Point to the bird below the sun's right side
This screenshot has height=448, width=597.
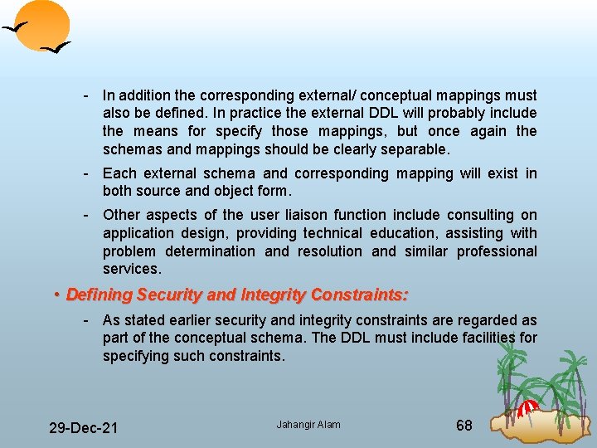[x=56, y=49]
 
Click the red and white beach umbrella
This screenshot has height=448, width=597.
[x=527, y=408]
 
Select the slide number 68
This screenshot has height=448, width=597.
[x=464, y=426]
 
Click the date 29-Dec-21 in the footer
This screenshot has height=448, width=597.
[x=83, y=428]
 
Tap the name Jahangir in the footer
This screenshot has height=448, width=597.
[x=295, y=425]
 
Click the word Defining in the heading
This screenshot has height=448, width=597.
[x=99, y=295]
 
